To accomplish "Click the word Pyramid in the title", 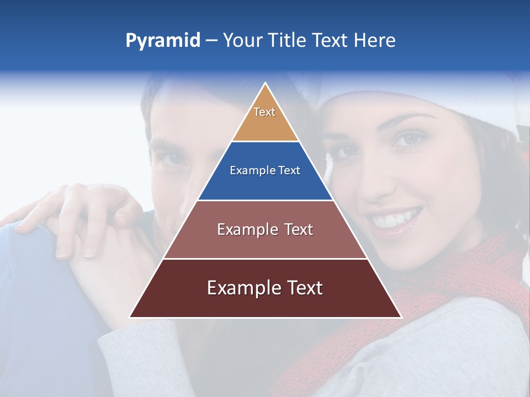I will click(x=162, y=41).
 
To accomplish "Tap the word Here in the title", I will click(x=374, y=41).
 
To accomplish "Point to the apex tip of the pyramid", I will click(x=266, y=84).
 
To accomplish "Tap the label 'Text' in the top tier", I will click(x=264, y=112).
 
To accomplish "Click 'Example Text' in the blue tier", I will click(x=265, y=170).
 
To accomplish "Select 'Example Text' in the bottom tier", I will click(x=265, y=288).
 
